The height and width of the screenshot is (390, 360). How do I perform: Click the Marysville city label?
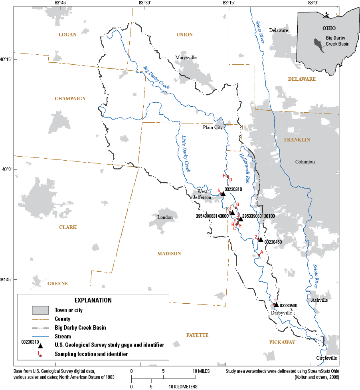(186, 58)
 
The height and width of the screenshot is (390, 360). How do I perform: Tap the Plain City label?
(212, 127)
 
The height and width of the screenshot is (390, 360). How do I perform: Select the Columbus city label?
(305, 162)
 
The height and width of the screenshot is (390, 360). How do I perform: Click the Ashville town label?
(320, 300)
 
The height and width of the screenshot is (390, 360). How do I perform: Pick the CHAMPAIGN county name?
(70, 99)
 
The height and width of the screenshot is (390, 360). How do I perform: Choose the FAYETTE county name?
(197, 335)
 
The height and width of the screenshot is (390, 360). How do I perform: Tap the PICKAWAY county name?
(282, 342)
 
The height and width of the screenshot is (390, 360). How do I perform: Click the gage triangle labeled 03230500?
(276, 304)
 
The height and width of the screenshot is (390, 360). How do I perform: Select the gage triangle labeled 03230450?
(261, 240)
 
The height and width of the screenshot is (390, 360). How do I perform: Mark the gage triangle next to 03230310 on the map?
(223, 194)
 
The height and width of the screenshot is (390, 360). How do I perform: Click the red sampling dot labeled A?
(259, 255)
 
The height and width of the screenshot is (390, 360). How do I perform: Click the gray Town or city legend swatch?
(40, 310)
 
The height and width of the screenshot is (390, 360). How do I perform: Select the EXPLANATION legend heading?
(93, 300)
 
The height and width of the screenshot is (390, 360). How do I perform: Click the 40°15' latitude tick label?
(7, 60)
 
